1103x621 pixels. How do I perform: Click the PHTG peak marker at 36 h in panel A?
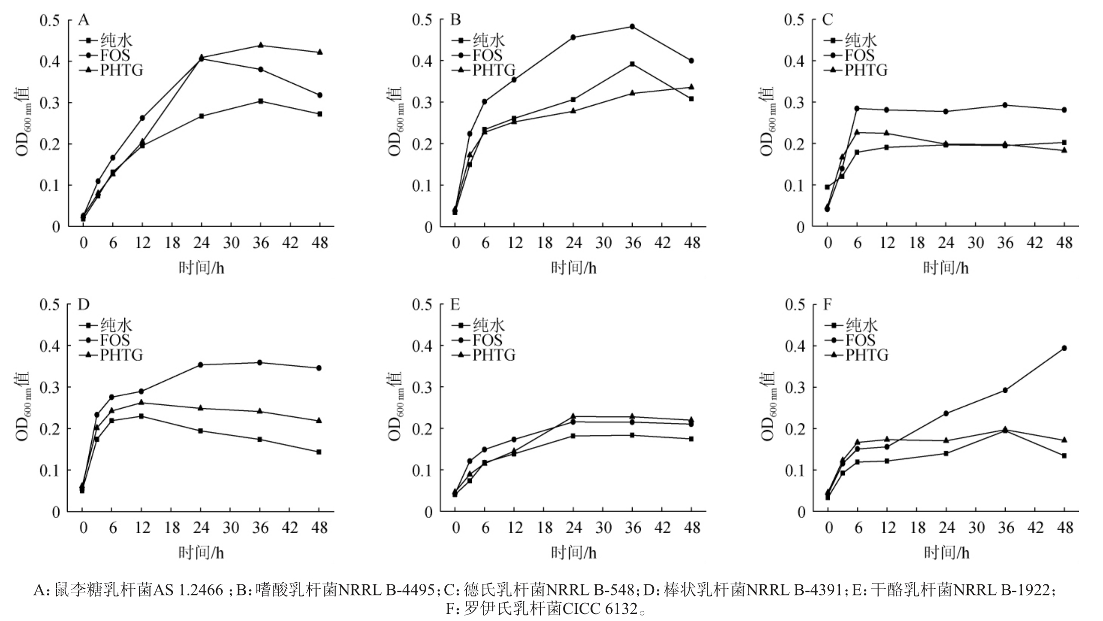coord(261,45)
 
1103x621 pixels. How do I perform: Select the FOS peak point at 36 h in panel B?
coord(632,27)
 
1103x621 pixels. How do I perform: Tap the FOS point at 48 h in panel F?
coord(1064,348)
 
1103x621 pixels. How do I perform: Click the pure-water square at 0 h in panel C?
coord(827,187)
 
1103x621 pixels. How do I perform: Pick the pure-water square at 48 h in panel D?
coord(319,452)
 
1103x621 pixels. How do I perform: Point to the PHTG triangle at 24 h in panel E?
coord(573,416)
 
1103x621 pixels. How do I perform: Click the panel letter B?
coord(455,20)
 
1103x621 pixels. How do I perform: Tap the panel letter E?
coord(455,304)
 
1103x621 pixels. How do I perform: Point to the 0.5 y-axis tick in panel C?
coord(794,20)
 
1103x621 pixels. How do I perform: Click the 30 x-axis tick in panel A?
coord(231,243)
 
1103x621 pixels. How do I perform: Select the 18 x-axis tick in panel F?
coord(917,528)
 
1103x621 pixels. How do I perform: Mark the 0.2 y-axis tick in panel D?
coord(50,429)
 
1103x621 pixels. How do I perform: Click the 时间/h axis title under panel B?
coord(574,268)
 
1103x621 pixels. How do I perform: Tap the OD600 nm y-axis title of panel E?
coord(396,406)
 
